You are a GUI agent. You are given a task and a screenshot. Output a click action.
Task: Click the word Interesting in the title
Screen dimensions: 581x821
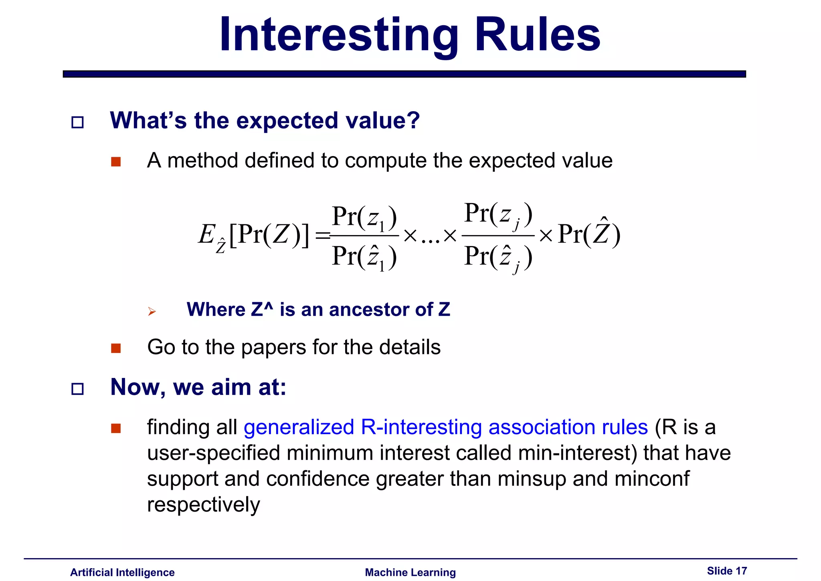(x=339, y=35)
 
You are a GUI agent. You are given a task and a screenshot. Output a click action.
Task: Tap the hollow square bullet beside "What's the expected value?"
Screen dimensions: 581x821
(x=77, y=122)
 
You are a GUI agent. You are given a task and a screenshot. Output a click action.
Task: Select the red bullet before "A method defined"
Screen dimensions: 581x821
(x=116, y=162)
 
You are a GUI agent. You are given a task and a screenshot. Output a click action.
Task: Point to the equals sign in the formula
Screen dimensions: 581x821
(x=323, y=236)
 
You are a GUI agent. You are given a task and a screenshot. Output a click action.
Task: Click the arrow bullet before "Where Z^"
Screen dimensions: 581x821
(x=152, y=311)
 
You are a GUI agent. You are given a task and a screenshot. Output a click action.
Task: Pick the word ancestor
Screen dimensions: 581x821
(x=370, y=310)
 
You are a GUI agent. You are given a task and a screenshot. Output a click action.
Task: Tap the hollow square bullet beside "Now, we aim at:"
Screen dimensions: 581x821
(x=77, y=389)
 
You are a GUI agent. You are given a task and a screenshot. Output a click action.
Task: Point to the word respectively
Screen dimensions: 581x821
(x=204, y=505)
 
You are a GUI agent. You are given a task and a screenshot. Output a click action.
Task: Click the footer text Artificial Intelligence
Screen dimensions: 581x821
(x=122, y=572)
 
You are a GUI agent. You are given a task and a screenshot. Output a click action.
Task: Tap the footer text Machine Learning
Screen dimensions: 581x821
(x=410, y=572)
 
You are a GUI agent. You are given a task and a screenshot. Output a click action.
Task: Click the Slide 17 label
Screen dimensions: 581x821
(x=727, y=571)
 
